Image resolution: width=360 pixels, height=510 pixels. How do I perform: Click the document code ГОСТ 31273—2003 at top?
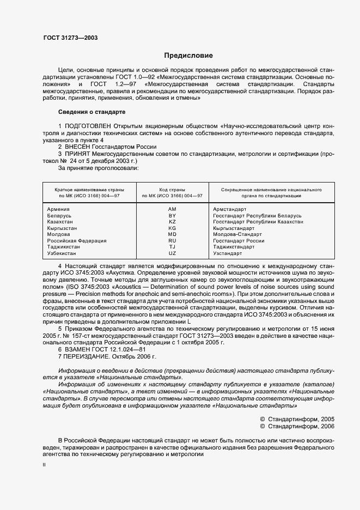[x=71, y=38]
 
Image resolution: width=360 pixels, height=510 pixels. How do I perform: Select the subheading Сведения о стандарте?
[x=91, y=112]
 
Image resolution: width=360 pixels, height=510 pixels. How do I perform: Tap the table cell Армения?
[x=58, y=209]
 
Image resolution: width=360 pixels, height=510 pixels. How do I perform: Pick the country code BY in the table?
[x=172, y=216]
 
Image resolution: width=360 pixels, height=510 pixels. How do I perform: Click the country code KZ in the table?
[x=172, y=222]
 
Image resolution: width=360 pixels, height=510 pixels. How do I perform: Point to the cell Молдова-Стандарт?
[x=237, y=234]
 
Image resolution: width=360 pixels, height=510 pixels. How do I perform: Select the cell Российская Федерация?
[x=77, y=241]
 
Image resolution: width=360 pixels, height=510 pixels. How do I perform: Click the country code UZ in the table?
[x=172, y=253]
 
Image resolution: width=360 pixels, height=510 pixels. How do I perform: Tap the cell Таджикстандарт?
[x=234, y=247]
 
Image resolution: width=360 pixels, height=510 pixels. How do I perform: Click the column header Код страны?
[x=172, y=190]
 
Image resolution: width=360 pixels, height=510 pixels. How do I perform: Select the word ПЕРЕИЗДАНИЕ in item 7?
[x=92, y=356]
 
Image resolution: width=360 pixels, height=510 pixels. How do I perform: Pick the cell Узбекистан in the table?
[x=63, y=253]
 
